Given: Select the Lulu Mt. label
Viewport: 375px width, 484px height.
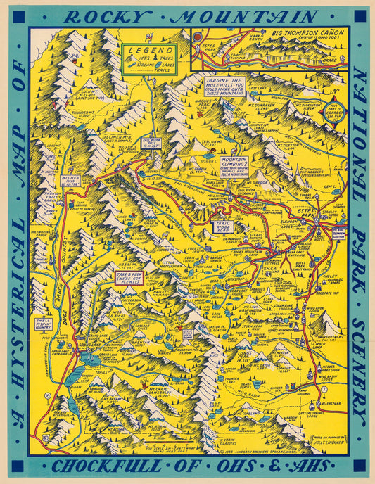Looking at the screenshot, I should (x=89, y=95).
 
